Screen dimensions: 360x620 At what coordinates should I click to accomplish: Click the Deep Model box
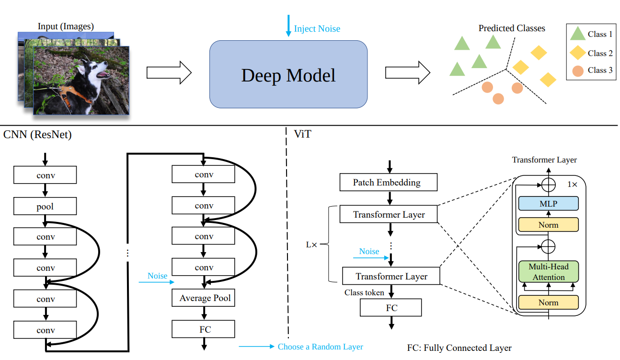point(288,74)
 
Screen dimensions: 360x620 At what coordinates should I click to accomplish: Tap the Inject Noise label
point(317,29)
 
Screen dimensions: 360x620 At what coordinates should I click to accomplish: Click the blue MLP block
point(548,204)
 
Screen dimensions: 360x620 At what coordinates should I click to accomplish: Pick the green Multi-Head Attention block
point(548,271)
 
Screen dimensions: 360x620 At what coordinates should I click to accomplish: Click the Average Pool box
point(205,298)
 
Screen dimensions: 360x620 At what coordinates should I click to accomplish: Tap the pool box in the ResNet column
point(45,207)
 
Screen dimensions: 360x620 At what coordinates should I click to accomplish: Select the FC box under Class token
point(391,308)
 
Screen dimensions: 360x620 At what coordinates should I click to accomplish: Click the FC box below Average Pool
point(205,329)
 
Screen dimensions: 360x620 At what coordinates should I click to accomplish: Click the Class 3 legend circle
point(578,71)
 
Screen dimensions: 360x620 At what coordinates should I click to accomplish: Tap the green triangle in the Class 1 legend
point(578,34)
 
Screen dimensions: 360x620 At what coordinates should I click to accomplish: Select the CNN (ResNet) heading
point(37,135)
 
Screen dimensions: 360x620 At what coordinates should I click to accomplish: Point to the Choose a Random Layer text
point(320,347)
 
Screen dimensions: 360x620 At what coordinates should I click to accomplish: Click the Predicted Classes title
point(512,28)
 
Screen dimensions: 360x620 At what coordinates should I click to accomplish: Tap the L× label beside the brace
point(311,244)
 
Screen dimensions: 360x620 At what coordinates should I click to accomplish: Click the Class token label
point(364,292)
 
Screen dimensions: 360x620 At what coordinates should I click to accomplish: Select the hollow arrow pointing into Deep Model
point(169,73)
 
